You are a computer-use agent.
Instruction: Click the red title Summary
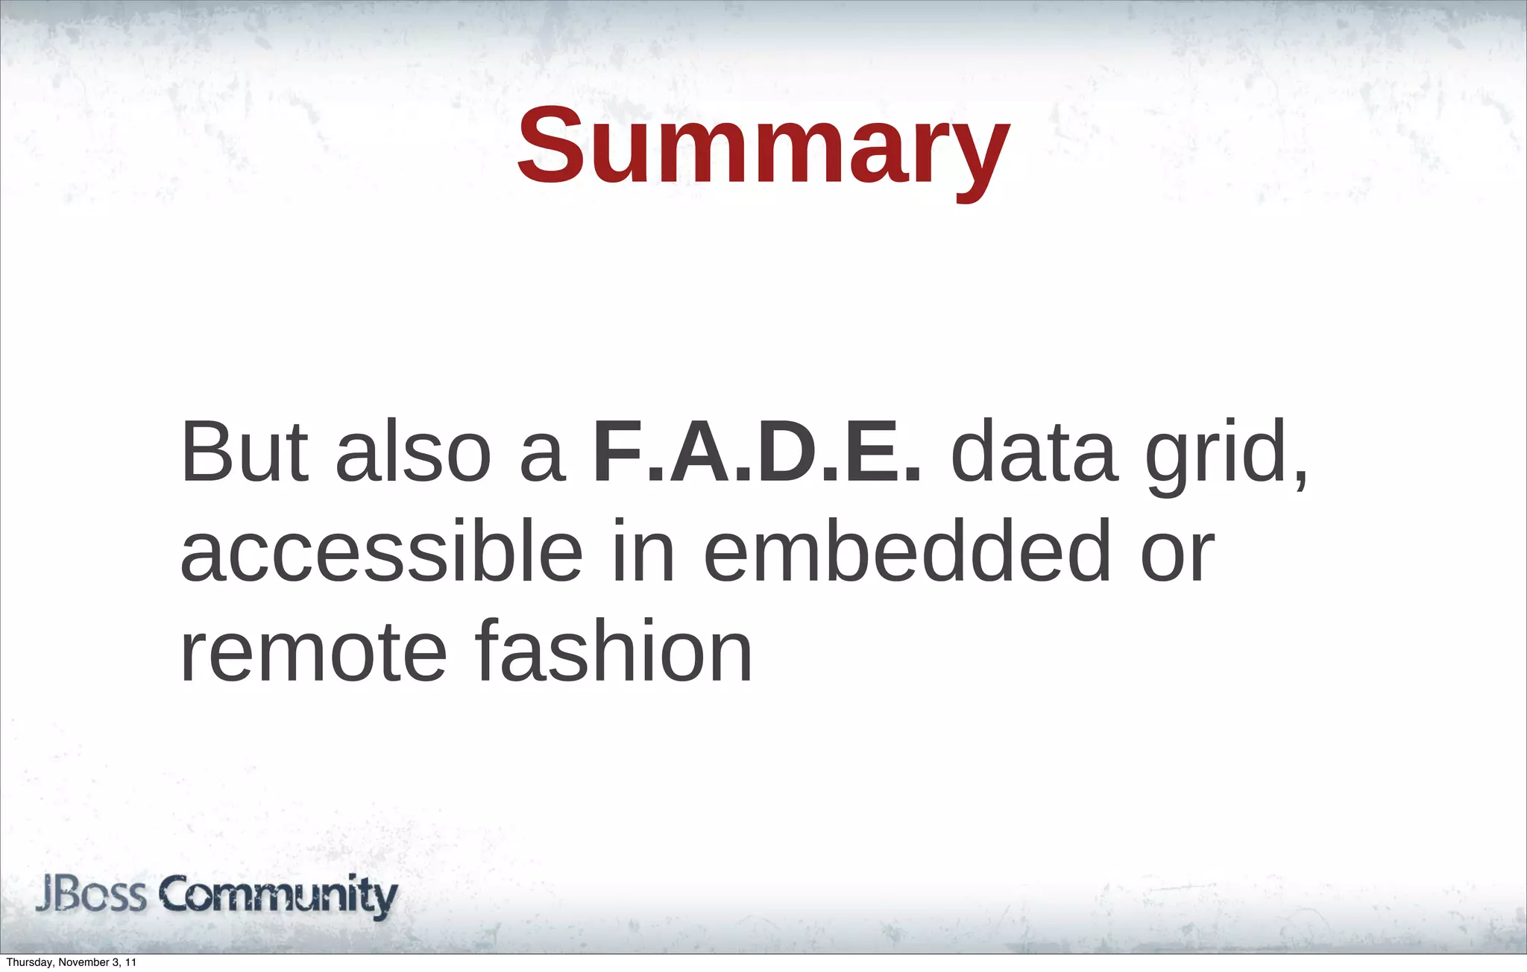tap(763, 148)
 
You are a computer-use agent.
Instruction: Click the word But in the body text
tap(245, 452)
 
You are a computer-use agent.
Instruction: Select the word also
tap(413, 452)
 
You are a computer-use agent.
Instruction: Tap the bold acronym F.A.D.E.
tap(758, 452)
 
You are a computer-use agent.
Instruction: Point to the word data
tap(1034, 452)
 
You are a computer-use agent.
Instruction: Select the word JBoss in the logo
tap(91, 895)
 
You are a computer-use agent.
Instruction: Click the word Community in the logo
tap(278, 897)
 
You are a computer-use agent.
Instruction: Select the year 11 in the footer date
tap(131, 963)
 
